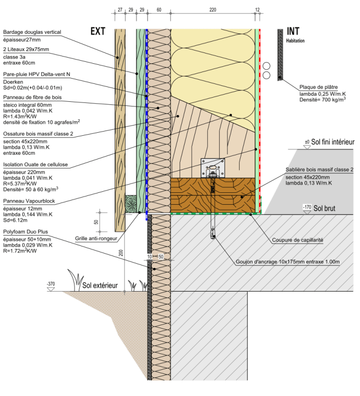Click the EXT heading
[x=98, y=31]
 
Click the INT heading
[x=294, y=31]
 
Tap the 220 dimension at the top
[x=213, y=9]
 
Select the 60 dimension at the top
[x=159, y=9]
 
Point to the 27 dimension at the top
[x=120, y=9]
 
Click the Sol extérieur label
[x=100, y=285]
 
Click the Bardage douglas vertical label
[x=32, y=32]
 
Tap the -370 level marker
[x=50, y=283]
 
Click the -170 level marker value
[x=308, y=207]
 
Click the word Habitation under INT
[x=295, y=41]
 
